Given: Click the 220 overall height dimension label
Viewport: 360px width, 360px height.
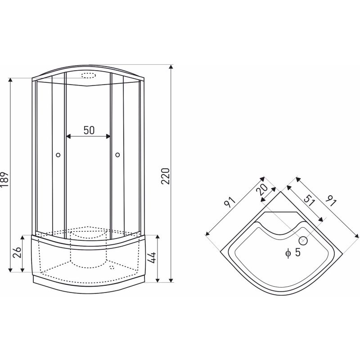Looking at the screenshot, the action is pyautogui.click(x=166, y=176).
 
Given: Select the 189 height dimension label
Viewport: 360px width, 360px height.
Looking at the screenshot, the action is pyautogui.click(x=4, y=179).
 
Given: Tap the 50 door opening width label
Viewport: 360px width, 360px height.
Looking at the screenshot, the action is pyautogui.click(x=89, y=130).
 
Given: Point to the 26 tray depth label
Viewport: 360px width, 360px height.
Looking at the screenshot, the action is pyautogui.click(x=17, y=252).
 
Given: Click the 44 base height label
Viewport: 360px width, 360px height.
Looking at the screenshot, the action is pyautogui.click(x=152, y=257).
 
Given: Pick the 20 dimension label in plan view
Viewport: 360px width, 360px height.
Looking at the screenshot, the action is pyautogui.click(x=262, y=189).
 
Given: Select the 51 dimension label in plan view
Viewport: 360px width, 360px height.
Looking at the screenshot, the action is pyautogui.click(x=309, y=200).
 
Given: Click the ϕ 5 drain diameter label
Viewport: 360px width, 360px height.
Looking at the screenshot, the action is pyautogui.click(x=293, y=252).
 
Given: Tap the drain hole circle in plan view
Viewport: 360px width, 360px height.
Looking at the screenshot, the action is pyautogui.click(x=303, y=241).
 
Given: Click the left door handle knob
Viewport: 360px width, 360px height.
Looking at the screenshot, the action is pyautogui.click(x=58, y=155).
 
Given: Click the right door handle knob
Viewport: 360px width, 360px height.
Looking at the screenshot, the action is pyautogui.click(x=117, y=155).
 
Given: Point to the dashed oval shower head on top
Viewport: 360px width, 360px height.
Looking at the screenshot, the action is pyautogui.click(x=88, y=76).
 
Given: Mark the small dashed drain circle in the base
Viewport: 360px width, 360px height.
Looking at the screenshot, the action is pyautogui.click(x=112, y=267).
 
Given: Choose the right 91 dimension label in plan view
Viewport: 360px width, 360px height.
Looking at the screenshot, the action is pyautogui.click(x=331, y=201).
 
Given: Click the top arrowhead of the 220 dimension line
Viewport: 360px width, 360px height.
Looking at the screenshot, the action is pyautogui.click(x=171, y=67).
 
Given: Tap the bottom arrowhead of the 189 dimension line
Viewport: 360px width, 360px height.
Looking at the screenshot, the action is pyautogui.click(x=10, y=270).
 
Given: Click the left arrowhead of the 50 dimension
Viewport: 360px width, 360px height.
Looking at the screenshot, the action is pyautogui.click(x=68, y=136).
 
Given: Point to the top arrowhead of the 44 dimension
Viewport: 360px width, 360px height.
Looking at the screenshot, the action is pyautogui.click(x=157, y=237).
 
